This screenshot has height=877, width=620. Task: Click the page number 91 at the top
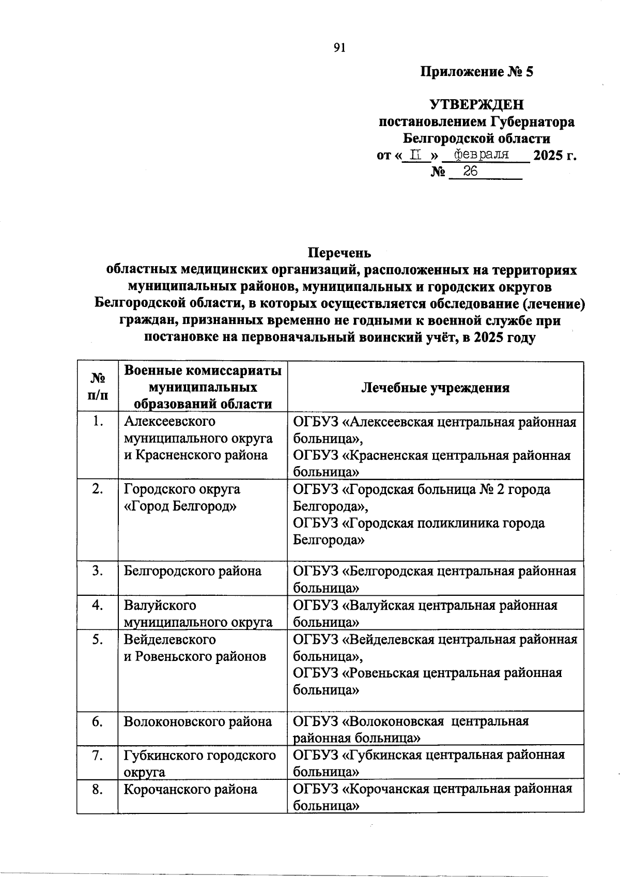pos(339,48)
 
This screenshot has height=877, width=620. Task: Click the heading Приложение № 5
pos(476,72)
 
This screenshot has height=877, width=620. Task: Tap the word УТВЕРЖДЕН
pos(476,105)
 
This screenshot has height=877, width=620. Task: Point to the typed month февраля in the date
pos(481,155)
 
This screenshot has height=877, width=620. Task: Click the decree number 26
pos(470,172)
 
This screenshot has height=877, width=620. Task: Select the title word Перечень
pos(339,253)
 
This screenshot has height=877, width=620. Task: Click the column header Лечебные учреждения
pos(435,388)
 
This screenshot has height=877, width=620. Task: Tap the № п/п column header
pos(98,387)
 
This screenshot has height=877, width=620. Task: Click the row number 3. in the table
pos(97,571)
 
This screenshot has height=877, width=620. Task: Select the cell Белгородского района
pos(192,571)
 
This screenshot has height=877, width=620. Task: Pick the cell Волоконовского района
pos(197,721)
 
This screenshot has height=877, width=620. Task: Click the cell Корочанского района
pos(190,789)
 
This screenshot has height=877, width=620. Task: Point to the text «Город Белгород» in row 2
pos(180,506)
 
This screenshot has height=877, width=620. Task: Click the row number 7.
pos(97,756)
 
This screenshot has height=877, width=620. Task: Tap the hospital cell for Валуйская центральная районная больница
pos(425,613)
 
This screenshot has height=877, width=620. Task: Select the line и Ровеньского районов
pos(195,656)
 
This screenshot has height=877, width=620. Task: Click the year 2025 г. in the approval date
pos(554,156)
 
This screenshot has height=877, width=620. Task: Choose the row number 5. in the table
pos(97,640)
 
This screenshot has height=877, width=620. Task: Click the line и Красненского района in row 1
pos(196,455)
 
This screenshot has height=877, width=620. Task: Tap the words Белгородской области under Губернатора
pos(476,139)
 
